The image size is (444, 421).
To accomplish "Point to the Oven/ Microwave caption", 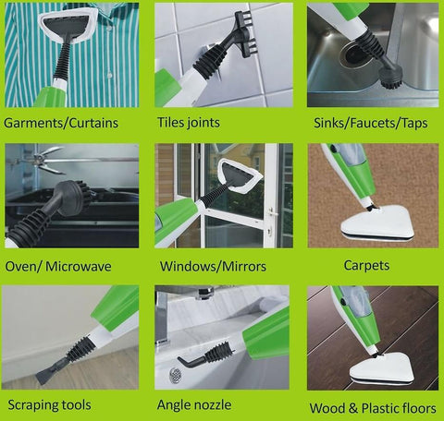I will click(x=59, y=266).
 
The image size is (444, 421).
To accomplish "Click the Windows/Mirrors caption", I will click(x=214, y=266).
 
